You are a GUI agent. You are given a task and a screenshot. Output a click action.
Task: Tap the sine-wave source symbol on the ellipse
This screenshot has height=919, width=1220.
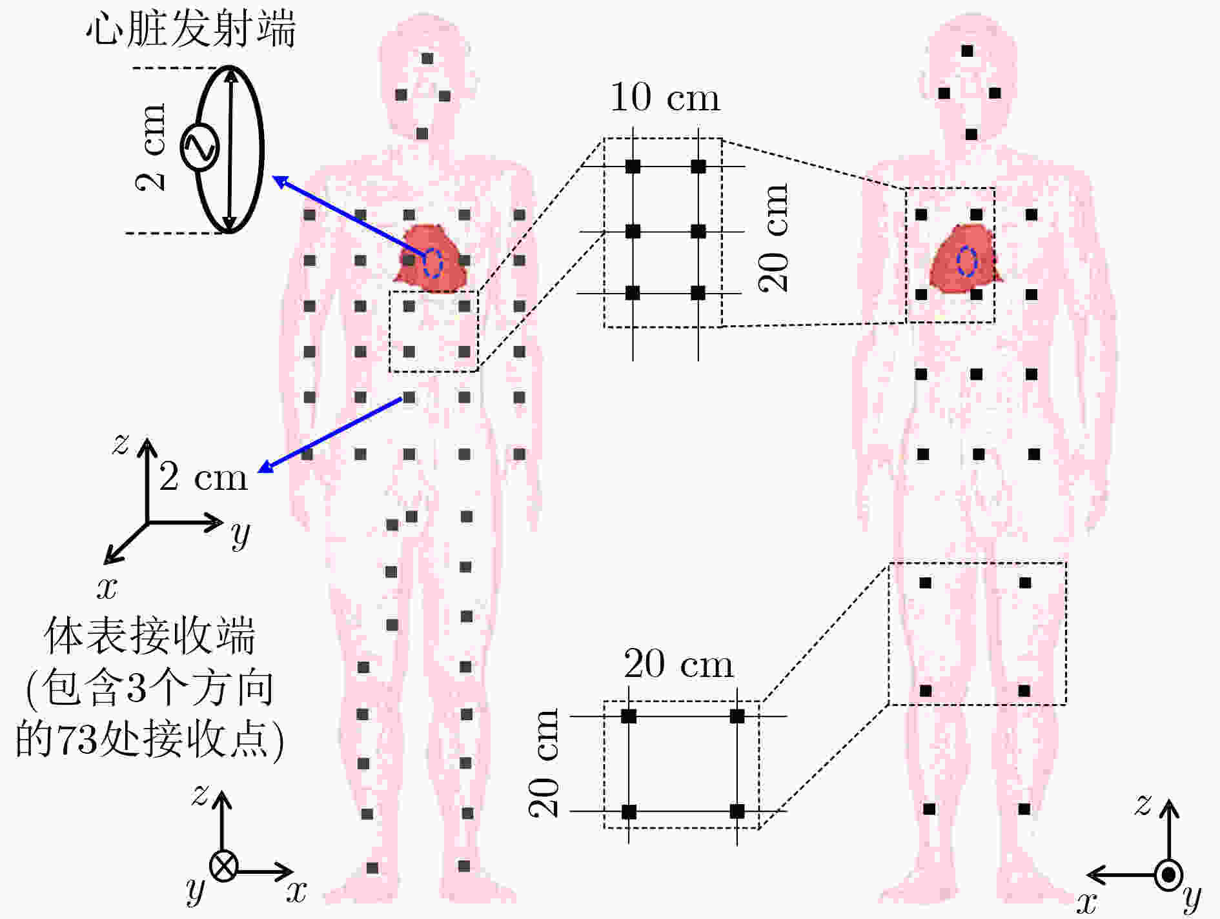pos(199,148)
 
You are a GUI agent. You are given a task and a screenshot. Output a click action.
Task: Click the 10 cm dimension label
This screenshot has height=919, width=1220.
pos(664,97)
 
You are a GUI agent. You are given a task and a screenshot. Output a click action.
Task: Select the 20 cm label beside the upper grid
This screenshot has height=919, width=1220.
pos(773,238)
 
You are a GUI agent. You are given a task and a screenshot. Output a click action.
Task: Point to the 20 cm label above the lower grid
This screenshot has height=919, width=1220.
pos(679,664)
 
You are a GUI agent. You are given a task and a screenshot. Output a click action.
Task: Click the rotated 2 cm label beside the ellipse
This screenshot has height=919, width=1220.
pos(150,147)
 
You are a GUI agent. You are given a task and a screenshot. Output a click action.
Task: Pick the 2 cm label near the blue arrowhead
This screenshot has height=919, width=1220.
pos(203,478)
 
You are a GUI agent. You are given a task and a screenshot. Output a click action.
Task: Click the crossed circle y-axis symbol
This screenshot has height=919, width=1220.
pos(223,867)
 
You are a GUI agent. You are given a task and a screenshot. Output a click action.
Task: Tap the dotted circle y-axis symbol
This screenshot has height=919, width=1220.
pos(1168,875)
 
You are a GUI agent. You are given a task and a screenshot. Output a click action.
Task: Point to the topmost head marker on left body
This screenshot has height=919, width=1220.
pos(427,59)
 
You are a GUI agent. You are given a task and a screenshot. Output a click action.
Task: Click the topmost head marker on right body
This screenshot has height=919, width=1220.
pos(967,51)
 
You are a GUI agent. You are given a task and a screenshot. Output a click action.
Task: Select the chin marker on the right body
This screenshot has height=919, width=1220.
pos(971,134)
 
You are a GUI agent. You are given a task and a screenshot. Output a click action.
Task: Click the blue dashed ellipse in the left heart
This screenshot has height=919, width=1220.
pos(432,263)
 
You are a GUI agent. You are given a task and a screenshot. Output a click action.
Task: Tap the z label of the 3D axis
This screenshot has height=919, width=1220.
pos(120,444)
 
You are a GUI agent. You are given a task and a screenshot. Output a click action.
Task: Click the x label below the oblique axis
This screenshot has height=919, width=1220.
pos(107,587)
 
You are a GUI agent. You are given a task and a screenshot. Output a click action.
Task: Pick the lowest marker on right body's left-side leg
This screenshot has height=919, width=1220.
pos(930,809)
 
